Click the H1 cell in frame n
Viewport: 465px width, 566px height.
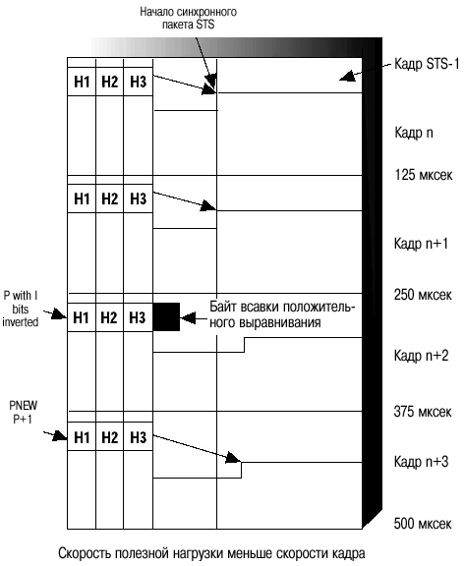[82, 82]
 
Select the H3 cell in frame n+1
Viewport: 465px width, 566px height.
[139, 198]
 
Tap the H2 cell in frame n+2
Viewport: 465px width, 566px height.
[109, 317]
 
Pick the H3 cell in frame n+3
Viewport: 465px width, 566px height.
[139, 437]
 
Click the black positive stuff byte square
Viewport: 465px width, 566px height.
[166, 317]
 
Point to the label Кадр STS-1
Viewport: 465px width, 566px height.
[427, 64]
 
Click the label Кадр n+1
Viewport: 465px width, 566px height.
[421, 244]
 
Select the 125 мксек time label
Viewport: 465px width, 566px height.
[423, 175]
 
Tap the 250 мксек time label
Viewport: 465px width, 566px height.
[423, 295]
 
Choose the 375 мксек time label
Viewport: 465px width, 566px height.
[423, 412]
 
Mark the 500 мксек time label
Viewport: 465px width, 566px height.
[423, 523]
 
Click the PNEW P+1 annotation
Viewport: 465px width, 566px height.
[24, 413]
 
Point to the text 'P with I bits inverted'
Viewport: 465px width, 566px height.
[21, 309]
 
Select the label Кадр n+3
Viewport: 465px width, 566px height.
[421, 461]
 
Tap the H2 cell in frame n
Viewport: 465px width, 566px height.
[109, 82]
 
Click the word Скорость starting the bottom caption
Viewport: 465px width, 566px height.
[83, 553]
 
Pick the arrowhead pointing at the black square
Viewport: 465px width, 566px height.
[188, 318]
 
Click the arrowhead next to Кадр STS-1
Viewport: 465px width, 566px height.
[347, 76]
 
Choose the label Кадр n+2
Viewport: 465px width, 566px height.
[421, 356]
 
